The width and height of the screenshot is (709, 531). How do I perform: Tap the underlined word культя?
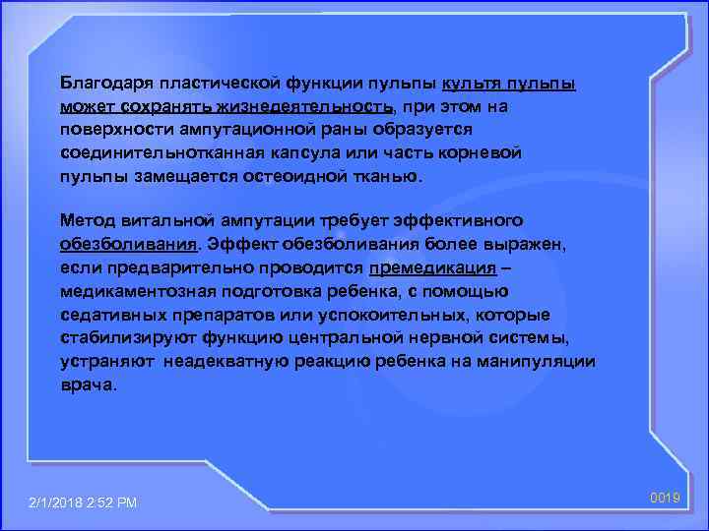click(x=477, y=83)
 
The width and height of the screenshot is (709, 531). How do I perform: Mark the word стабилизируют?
click(x=122, y=339)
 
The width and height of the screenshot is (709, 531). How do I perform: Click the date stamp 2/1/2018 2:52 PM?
click(x=85, y=503)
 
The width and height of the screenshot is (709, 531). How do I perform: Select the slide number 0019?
click(x=667, y=499)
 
